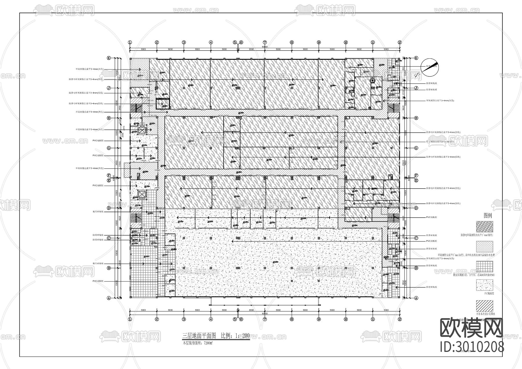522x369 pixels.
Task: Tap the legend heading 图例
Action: [x=488, y=216]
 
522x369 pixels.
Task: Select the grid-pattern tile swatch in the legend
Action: [x=484, y=267]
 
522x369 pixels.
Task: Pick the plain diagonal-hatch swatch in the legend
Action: [x=484, y=306]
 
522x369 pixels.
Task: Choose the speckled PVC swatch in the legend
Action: [x=484, y=285]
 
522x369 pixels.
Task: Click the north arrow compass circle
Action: [x=429, y=68]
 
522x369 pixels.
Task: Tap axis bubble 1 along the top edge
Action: [x=130, y=42]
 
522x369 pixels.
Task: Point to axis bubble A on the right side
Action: [x=416, y=298]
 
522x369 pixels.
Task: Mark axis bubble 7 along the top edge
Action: [x=265, y=42]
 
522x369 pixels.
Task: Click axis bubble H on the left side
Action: [x=109, y=118]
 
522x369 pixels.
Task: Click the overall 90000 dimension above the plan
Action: [x=264, y=47]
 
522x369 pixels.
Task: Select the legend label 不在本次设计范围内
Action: [x=485, y=314]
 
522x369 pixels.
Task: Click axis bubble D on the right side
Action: [x=416, y=208]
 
